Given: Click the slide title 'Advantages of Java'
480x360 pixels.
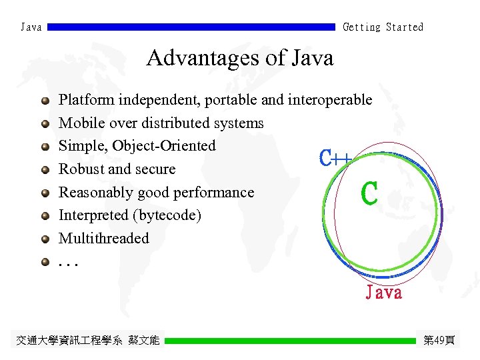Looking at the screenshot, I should coord(239,58).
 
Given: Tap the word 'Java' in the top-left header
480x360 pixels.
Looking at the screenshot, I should coord(31,27).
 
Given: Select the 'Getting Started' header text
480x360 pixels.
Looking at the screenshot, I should coord(383,27).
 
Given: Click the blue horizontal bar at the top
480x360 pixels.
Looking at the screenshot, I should coord(191,27).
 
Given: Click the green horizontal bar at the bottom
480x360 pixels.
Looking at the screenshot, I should coord(290,341).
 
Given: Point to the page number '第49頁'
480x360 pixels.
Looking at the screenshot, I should coord(439,341).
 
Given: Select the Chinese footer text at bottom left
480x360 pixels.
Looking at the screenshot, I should coord(88,341).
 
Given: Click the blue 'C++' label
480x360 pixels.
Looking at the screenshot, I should coord(335,158).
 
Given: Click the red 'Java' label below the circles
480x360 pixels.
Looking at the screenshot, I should coord(384,293).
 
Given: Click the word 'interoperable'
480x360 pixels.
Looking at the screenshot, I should coord(329,100).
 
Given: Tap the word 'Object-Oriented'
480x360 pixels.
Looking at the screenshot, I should coord(164,146).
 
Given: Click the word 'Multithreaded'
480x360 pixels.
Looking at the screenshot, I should coord(104,238).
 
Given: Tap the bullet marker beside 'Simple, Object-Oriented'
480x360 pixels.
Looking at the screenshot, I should coord(45,147).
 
